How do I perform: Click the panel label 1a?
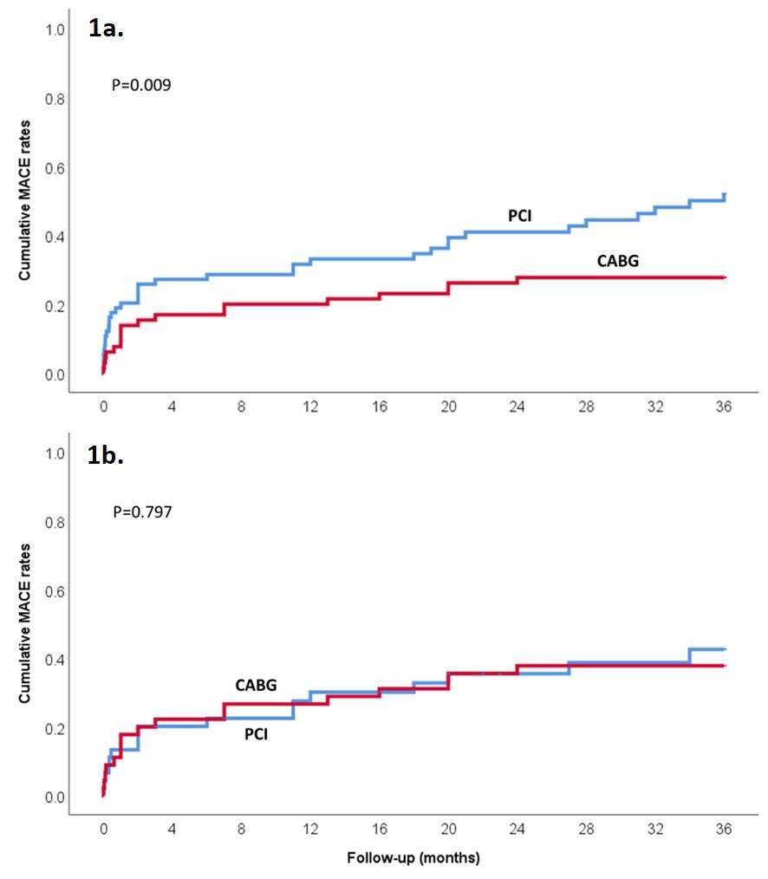click(x=106, y=28)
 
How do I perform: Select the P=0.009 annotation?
click(x=141, y=85)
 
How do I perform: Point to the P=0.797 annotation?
click(x=142, y=511)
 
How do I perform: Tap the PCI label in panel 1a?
click(x=520, y=216)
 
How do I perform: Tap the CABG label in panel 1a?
click(x=618, y=261)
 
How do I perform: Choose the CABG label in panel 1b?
click(x=256, y=685)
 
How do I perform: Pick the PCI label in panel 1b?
click(x=257, y=734)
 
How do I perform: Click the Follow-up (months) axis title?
click(x=413, y=857)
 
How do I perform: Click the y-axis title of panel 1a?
click(x=24, y=200)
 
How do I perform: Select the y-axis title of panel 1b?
click(x=24, y=622)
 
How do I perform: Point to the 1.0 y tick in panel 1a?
click(x=55, y=30)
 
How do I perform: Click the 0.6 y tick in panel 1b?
click(x=55, y=591)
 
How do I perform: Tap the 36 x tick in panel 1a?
click(x=724, y=407)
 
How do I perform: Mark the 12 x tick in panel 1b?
click(x=310, y=829)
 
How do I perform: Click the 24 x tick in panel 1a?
click(x=517, y=407)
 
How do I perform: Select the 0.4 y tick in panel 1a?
click(x=55, y=238)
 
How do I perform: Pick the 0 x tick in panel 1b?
click(x=104, y=829)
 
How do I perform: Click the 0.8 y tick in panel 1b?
click(x=55, y=523)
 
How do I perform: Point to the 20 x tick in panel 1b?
click(x=448, y=829)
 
